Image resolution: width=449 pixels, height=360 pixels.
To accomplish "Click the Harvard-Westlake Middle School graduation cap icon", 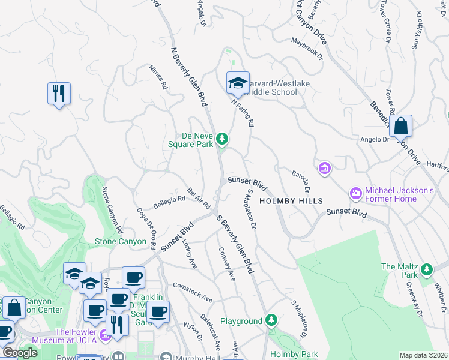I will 238,82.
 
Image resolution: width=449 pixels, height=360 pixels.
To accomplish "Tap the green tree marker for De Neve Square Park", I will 223,139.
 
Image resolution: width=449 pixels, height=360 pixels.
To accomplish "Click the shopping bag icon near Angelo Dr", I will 400,126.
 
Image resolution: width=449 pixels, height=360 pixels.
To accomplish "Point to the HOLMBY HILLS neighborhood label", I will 291,201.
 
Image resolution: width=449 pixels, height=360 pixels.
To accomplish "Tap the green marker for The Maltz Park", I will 427,268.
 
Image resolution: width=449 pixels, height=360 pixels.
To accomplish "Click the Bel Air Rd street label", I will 199,198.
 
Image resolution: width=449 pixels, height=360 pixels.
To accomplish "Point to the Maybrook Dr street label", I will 307,49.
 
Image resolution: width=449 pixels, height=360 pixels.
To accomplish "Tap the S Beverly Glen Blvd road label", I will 235,246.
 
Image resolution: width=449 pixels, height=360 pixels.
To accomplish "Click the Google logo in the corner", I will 20,353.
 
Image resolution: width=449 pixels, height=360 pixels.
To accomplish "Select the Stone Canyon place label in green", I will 120,241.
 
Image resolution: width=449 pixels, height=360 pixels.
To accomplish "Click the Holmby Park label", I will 294,354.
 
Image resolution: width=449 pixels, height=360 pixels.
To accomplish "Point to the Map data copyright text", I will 423,355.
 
